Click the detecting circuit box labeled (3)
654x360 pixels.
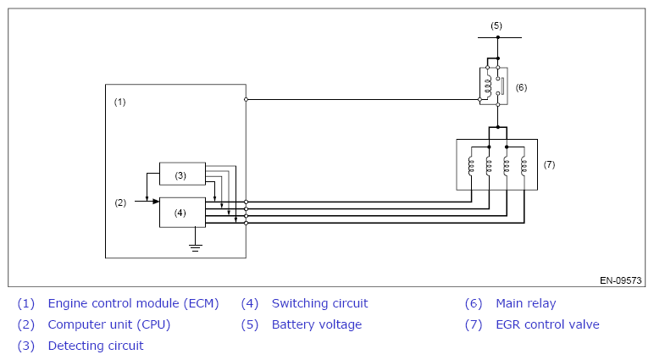pyautogui.click(x=182, y=174)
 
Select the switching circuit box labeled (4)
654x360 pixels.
pyautogui.click(x=182, y=212)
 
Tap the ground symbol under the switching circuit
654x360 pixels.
pyautogui.click(x=196, y=247)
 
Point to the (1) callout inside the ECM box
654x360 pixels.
pyautogui.click(x=119, y=102)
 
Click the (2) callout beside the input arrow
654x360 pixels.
pyautogui.click(x=120, y=202)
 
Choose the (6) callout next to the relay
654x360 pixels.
pyautogui.click(x=521, y=87)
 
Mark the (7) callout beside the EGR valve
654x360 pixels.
pyautogui.click(x=549, y=164)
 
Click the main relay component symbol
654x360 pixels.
pyautogui.click(x=494, y=85)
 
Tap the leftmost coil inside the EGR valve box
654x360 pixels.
pyautogui.click(x=471, y=166)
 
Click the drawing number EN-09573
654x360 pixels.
pyautogui.click(x=620, y=280)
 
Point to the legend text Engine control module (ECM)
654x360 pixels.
pyautogui.click(x=133, y=303)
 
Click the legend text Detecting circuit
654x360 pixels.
pyautogui.click(x=96, y=346)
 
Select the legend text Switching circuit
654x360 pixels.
pyautogui.click(x=319, y=303)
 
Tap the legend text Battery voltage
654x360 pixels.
pyautogui.click(x=316, y=324)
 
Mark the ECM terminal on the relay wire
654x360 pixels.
pyautogui.click(x=246, y=99)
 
